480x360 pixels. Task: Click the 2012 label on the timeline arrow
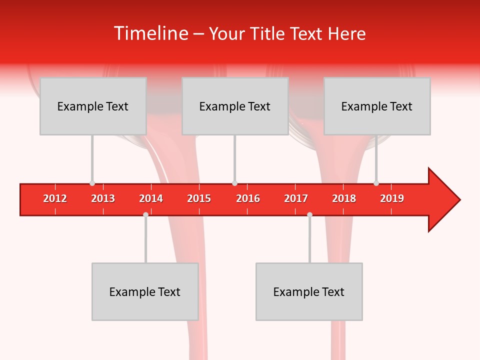coord(55,198)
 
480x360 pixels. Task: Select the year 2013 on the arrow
coord(103,198)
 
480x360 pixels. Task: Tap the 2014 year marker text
coord(151,198)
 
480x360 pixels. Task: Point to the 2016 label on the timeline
coord(248,198)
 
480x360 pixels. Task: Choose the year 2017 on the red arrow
coord(296,198)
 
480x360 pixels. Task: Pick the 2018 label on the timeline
coord(344,198)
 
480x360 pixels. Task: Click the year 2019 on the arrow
coord(392,198)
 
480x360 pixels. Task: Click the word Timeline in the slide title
coord(149,33)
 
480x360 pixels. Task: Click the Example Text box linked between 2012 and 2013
coord(93,106)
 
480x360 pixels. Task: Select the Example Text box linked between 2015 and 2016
coord(235,106)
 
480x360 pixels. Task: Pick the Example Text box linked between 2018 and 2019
coord(377,106)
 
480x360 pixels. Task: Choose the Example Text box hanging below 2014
coord(145,291)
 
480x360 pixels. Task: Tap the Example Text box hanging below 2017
coord(309,291)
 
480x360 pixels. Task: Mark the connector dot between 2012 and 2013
coord(92,183)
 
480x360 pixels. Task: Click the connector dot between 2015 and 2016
coord(234,183)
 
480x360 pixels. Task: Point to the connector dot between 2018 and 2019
coord(376,183)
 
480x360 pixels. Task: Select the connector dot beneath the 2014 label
coord(145,214)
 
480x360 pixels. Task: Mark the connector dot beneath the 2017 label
coord(309,214)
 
